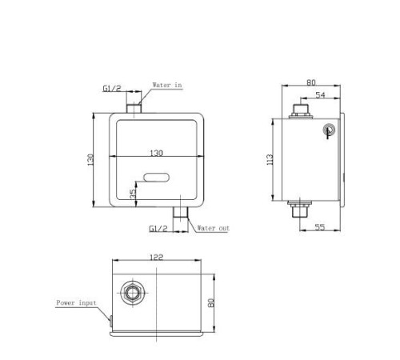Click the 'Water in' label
[167, 85]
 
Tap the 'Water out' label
[213, 228]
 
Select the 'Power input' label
[76, 303]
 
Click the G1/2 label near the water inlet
[112, 88]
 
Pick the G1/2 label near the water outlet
[158, 229]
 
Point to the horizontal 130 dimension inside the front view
[157, 153]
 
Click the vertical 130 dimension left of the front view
[90, 160]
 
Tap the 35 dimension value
[133, 194]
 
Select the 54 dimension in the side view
[320, 95]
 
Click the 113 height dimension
[270, 159]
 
